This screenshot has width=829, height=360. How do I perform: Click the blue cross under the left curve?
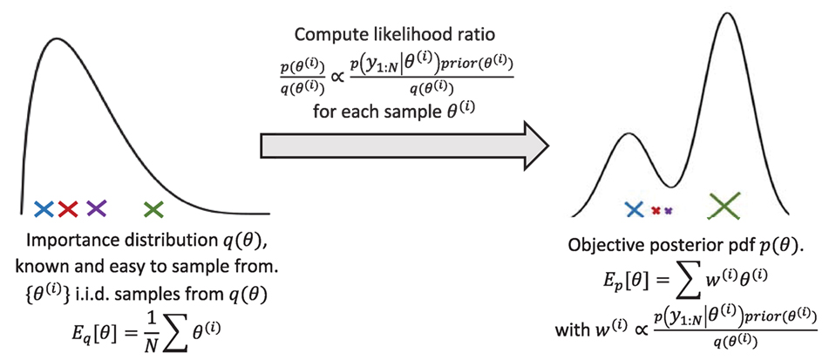click(44, 208)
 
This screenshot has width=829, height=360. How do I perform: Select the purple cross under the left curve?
click(95, 208)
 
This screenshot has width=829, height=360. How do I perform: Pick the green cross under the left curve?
click(154, 208)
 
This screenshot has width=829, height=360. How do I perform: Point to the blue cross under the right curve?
click(635, 208)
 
